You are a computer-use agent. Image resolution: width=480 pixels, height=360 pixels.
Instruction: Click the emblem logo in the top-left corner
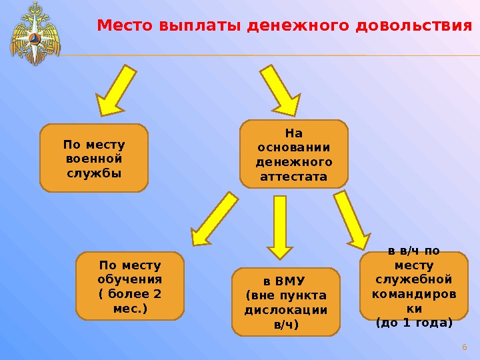click(35, 33)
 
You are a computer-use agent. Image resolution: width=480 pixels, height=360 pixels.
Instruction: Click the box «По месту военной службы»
click(94, 158)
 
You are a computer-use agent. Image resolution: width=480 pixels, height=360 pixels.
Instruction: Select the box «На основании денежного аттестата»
click(294, 153)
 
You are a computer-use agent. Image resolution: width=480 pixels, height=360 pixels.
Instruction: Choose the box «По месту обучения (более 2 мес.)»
click(130, 286)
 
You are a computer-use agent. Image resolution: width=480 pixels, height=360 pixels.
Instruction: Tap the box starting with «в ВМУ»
click(285, 301)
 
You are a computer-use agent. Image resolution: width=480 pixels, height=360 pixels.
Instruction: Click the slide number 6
click(465, 347)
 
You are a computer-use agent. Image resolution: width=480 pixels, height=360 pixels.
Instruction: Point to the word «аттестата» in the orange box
click(294, 177)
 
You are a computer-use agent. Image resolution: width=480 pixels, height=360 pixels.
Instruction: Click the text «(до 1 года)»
click(414, 323)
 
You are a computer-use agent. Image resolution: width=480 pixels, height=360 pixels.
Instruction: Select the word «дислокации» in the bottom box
click(285, 310)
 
